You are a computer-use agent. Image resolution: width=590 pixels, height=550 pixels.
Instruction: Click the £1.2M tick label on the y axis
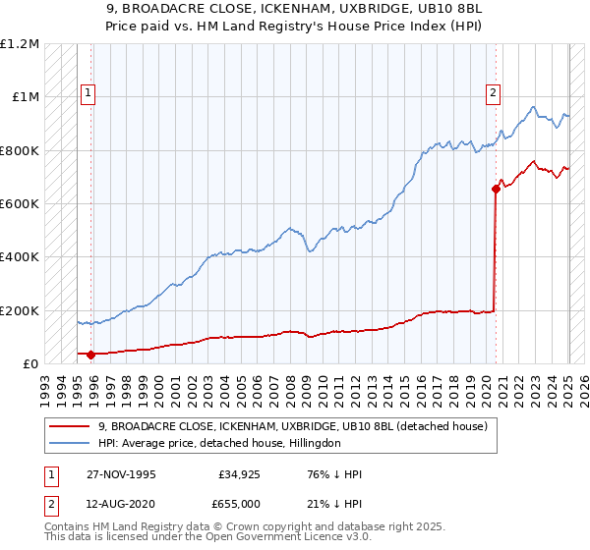[19, 44]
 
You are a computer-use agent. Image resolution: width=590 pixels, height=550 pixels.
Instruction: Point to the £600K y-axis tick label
[19, 204]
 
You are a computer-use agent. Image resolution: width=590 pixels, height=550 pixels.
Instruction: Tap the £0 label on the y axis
[29, 364]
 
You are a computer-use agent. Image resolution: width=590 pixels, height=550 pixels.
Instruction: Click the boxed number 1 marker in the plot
[88, 94]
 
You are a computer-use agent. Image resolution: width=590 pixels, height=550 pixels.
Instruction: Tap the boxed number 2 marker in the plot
[492, 94]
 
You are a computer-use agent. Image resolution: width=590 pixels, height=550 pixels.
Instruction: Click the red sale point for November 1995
[91, 355]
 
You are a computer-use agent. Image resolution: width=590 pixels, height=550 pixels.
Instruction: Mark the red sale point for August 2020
[496, 190]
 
